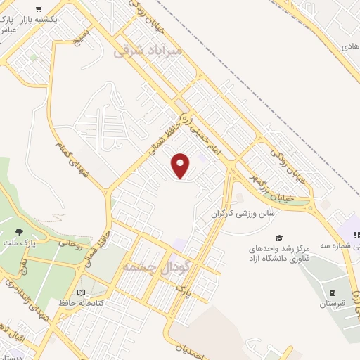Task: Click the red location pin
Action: (x=181, y=166)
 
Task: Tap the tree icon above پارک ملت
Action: (x=18, y=232)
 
